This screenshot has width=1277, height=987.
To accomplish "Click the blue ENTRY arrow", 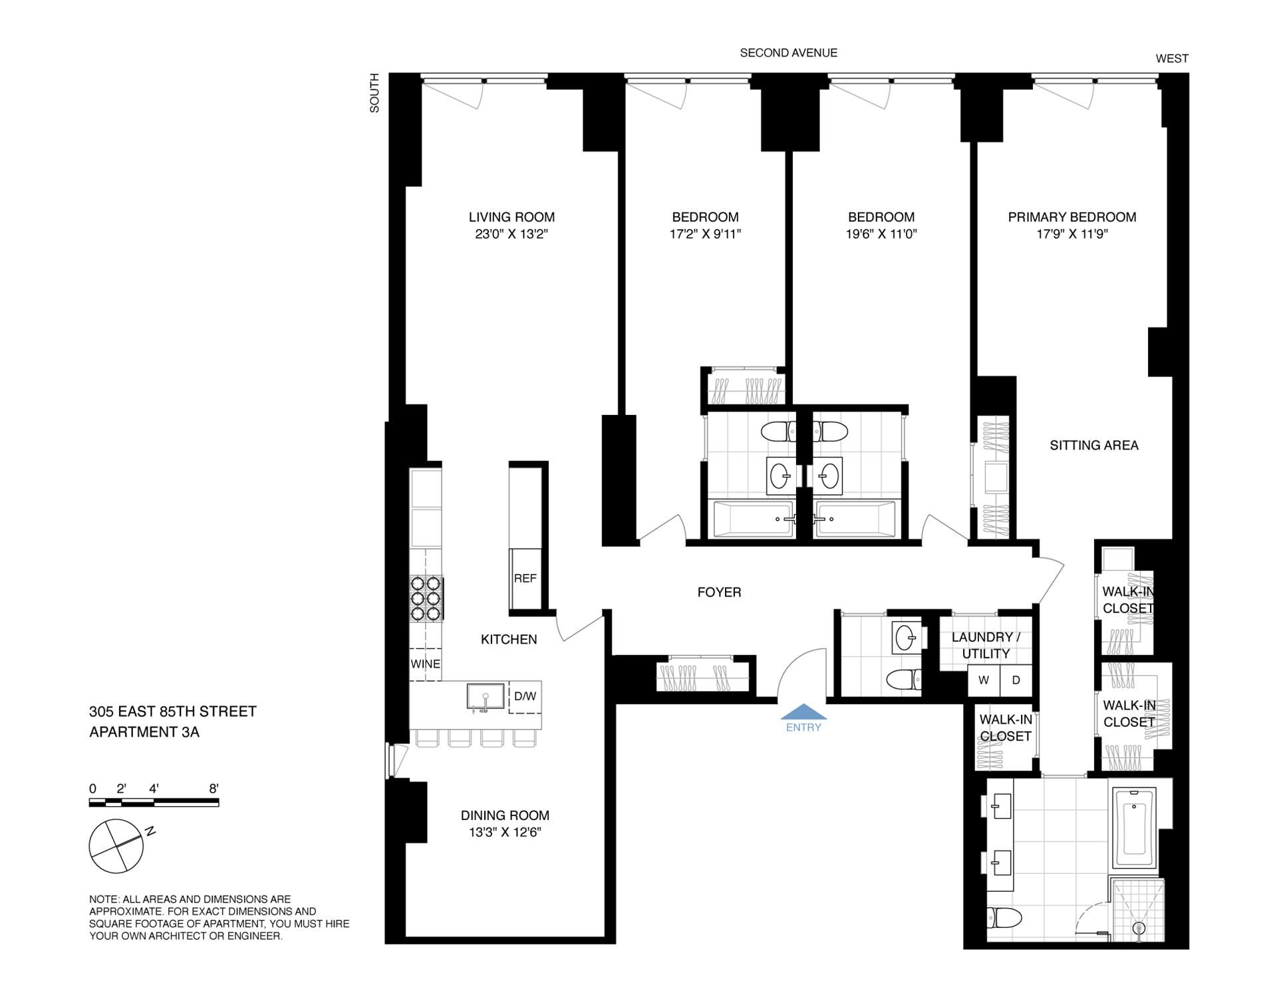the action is point(803,712).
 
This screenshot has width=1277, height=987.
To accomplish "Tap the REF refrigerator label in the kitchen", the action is point(525,579).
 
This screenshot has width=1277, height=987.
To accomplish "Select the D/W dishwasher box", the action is point(525,696).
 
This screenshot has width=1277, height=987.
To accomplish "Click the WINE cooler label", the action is point(425,664).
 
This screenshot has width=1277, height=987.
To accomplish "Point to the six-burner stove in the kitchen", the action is point(426,599).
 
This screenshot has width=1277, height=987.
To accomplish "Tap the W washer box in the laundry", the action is point(984,680).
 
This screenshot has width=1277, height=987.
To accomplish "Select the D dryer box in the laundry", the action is point(1016,680).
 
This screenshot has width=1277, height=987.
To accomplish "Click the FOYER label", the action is point(719,592).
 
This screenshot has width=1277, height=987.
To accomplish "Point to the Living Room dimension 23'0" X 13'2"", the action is point(511,234).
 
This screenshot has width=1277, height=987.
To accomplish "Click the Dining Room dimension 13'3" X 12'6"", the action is point(505,833).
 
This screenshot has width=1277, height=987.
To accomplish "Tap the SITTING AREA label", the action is point(1094,446).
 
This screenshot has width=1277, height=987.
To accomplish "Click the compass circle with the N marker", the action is point(116,846).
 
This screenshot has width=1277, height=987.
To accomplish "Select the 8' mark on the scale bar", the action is point(213,789).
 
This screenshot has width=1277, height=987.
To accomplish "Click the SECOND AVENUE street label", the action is point(789,53).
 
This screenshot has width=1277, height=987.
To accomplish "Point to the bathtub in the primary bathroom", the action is point(1134,830).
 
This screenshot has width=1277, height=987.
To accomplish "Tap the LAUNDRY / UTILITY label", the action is point(986,645).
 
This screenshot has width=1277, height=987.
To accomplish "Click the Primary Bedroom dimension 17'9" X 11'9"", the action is point(1072,234).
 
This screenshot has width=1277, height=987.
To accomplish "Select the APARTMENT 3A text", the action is point(144,732).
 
